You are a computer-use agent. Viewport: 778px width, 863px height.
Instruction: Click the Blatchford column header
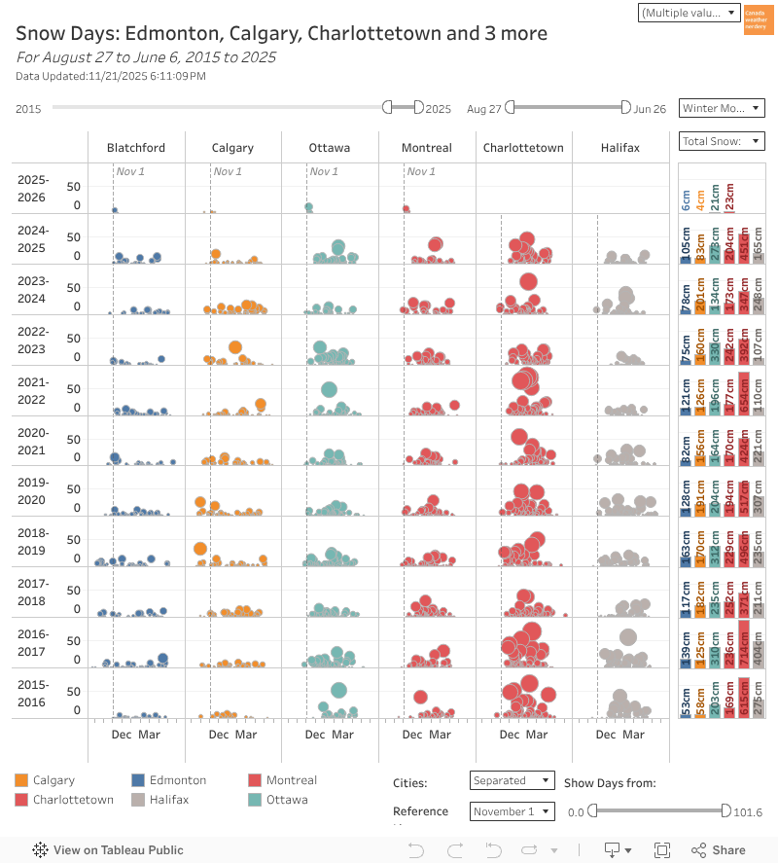(135, 148)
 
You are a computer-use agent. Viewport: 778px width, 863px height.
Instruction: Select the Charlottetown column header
(523, 148)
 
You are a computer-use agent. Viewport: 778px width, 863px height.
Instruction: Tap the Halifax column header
(619, 148)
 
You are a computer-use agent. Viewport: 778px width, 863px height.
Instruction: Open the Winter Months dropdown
(722, 108)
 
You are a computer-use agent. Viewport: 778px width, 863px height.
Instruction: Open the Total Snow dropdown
(722, 142)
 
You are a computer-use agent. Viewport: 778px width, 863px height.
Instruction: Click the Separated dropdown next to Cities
(512, 780)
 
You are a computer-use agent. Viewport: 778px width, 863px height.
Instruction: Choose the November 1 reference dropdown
(512, 811)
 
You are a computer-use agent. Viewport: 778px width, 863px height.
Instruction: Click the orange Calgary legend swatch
(21, 780)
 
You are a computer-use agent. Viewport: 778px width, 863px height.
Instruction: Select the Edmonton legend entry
(177, 780)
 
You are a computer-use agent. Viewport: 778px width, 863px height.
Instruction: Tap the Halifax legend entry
(169, 800)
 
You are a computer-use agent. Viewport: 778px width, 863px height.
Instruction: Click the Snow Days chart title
(281, 34)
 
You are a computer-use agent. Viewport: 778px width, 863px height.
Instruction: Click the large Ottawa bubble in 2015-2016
(338, 691)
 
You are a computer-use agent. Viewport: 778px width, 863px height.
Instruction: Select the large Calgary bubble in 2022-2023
(234, 347)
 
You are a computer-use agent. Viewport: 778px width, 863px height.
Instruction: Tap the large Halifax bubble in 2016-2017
(627, 637)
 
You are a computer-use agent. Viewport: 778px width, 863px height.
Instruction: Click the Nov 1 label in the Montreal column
(421, 172)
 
